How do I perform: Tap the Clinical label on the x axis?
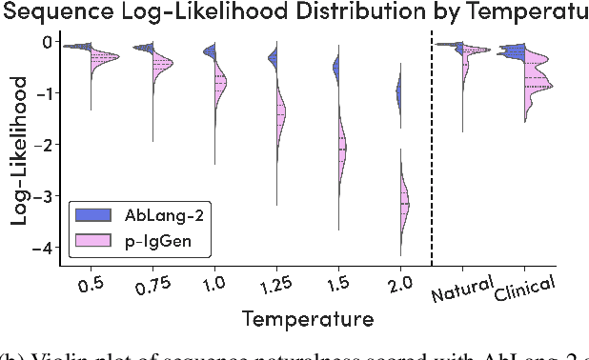tap(523, 286)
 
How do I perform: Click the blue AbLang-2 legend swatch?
tap(95, 215)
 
